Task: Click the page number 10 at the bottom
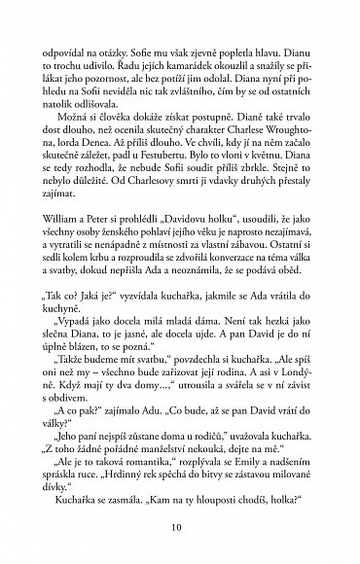(180, 530)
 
